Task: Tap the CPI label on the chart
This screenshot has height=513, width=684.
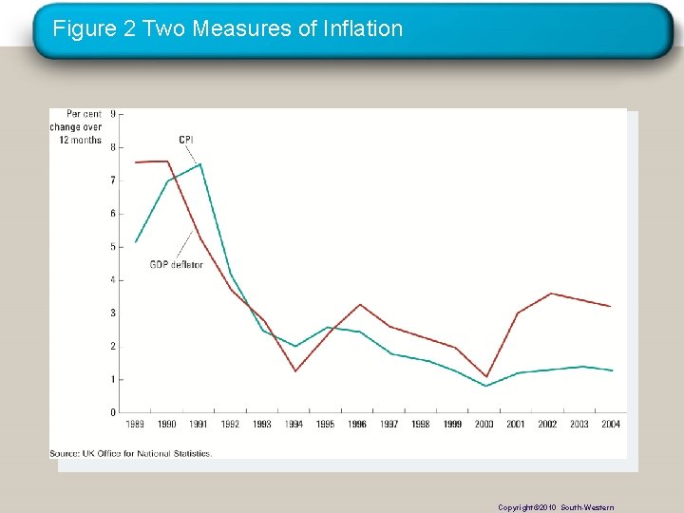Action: point(186,141)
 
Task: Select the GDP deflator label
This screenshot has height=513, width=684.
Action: point(176,264)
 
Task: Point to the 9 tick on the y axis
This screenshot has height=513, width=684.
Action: point(114,114)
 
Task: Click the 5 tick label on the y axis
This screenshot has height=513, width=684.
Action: point(114,247)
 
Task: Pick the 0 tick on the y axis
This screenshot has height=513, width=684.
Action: point(114,412)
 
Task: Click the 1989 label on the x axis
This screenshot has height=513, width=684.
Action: point(136,425)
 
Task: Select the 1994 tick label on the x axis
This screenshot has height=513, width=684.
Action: point(294,425)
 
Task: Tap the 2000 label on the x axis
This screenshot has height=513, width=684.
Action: point(484,425)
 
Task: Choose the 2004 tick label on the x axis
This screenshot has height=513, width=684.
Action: point(611,425)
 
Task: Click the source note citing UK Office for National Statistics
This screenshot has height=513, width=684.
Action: point(131,453)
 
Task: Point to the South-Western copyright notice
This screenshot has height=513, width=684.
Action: point(556,507)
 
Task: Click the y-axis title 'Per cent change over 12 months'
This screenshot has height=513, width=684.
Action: point(77,127)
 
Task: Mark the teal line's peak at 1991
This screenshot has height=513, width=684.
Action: point(199,164)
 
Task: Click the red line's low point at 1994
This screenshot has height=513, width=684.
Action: point(295,370)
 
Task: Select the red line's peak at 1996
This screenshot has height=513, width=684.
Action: point(359,304)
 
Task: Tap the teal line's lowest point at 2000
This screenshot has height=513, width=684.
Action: point(485,386)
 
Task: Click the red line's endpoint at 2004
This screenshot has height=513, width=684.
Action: point(610,306)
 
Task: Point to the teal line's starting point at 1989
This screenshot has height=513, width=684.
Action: point(136,241)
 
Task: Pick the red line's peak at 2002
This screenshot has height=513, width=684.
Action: point(549,294)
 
